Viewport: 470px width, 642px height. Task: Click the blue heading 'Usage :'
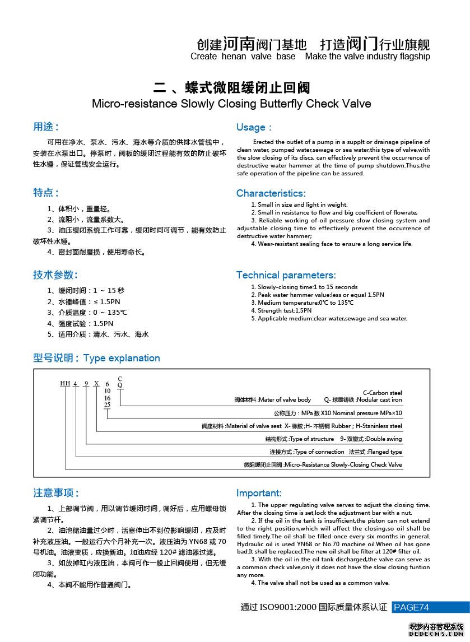[254, 127]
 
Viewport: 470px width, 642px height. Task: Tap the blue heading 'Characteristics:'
[271, 193]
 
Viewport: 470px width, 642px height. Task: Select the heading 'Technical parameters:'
[286, 275]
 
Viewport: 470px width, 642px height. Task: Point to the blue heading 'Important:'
[259, 493]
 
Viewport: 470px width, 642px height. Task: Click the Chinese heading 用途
[46, 127]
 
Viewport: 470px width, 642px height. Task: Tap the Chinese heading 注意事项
[56, 493]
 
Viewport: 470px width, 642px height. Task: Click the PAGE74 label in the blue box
[412, 607]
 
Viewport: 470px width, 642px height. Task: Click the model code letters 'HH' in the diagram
[66, 384]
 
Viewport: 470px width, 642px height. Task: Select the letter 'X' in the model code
[96, 384]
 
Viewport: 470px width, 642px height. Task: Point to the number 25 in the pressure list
[107, 404]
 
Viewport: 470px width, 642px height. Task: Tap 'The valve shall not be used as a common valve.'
[323, 583]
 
